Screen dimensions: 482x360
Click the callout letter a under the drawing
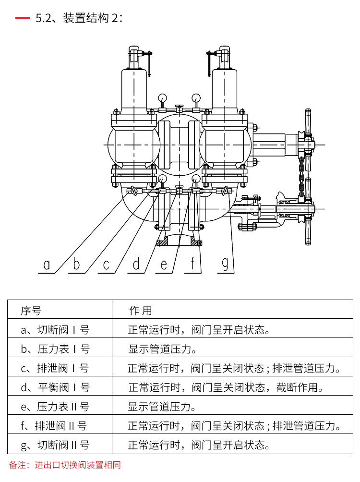point(47,264)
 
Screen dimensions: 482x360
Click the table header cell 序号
point(31,310)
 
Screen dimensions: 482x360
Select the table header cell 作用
point(140,311)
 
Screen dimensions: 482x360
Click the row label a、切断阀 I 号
point(55,330)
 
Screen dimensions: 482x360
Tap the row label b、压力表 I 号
point(55,349)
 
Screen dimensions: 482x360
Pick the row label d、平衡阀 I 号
point(55,387)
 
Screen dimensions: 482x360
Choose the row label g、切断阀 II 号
point(55,445)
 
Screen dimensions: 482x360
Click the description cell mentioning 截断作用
point(225,387)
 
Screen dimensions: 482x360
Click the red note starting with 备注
point(65,465)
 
